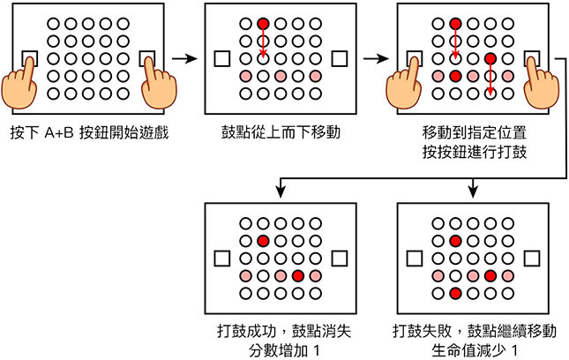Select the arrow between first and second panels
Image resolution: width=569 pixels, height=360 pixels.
pyautogui.click(x=183, y=59)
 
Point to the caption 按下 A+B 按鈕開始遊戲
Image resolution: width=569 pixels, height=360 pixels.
pyautogui.click(x=88, y=134)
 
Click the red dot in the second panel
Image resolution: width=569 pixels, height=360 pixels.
pyautogui.click(x=262, y=24)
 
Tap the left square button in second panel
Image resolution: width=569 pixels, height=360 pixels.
pyautogui.click(x=221, y=59)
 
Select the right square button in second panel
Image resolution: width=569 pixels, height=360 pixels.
pyautogui.click(x=340, y=59)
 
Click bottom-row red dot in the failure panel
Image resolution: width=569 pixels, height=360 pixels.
pyautogui.click(x=455, y=293)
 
